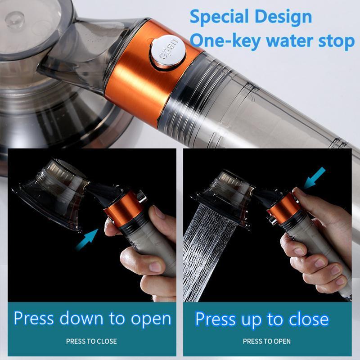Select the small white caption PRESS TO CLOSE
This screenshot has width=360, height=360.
point(91,341)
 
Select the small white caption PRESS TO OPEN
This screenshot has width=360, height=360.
point(267,341)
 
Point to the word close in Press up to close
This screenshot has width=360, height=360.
point(306,319)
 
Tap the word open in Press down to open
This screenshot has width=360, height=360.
point(151,319)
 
